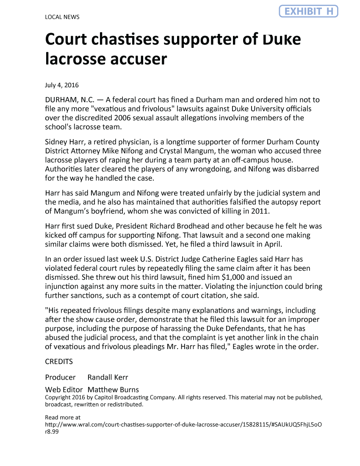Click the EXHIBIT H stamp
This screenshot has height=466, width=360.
308,11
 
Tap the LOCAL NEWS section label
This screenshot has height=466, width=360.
62,17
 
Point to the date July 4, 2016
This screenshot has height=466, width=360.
62,85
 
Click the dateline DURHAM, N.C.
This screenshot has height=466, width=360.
69,100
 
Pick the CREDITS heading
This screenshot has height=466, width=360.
59,362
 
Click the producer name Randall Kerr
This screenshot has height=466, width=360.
108,377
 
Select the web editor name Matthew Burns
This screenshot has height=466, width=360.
113,389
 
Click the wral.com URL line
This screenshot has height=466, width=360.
184,424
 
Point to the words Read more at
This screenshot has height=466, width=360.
63,417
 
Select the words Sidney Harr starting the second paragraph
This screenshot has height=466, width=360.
63,142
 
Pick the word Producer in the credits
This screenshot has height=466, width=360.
60,377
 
